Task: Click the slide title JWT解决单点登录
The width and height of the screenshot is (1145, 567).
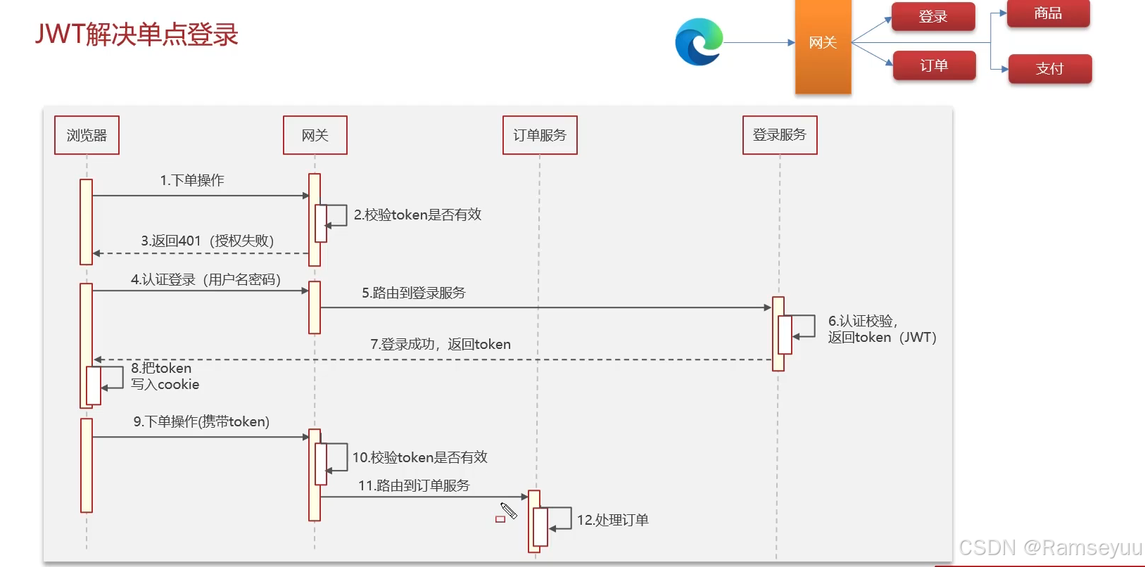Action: [x=137, y=34]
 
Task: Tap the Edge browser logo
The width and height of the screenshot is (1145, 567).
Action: [x=699, y=42]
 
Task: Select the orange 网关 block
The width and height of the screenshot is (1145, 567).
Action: [x=823, y=46]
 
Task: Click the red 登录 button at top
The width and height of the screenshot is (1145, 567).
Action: [x=933, y=17]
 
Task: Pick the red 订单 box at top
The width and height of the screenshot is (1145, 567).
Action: [x=934, y=65]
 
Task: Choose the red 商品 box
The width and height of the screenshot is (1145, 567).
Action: [x=1048, y=13]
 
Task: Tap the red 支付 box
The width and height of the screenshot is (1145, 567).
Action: [x=1049, y=68]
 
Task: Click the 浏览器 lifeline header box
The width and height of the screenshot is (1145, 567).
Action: [x=87, y=135]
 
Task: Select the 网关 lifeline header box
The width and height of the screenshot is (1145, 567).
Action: [x=315, y=135]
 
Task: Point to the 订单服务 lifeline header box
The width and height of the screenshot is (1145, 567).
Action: [x=540, y=135]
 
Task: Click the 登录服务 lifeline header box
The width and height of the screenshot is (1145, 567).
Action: [x=780, y=134]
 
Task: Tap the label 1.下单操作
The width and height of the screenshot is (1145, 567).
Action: [x=192, y=180]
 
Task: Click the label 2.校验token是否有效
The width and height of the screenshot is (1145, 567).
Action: [x=417, y=215]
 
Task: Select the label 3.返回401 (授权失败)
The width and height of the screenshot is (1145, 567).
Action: [x=207, y=241]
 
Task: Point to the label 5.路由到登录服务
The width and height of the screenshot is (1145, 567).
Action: [x=414, y=293]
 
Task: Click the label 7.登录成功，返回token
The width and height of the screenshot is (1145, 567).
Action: [x=441, y=344]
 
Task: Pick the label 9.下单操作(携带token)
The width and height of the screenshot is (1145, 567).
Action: [x=201, y=421]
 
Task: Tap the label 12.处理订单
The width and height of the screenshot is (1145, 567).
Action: [x=612, y=520]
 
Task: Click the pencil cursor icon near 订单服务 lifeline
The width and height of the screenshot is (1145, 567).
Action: [x=509, y=511]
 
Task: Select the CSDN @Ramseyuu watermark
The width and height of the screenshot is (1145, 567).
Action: [x=1050, y=547]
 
